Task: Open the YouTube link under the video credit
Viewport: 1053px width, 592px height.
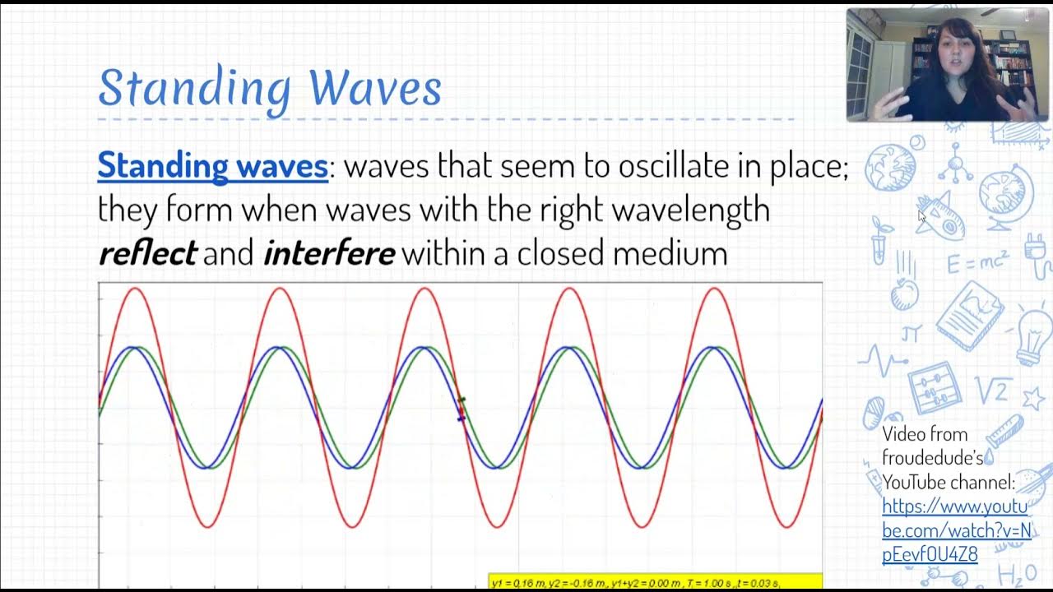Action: (955, 530)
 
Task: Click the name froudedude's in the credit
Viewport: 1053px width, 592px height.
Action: (933, 457)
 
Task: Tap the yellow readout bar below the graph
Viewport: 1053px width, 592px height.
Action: (654, 582)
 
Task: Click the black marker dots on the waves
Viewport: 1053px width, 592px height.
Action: (462, 409)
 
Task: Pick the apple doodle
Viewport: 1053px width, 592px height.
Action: (905, 293)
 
